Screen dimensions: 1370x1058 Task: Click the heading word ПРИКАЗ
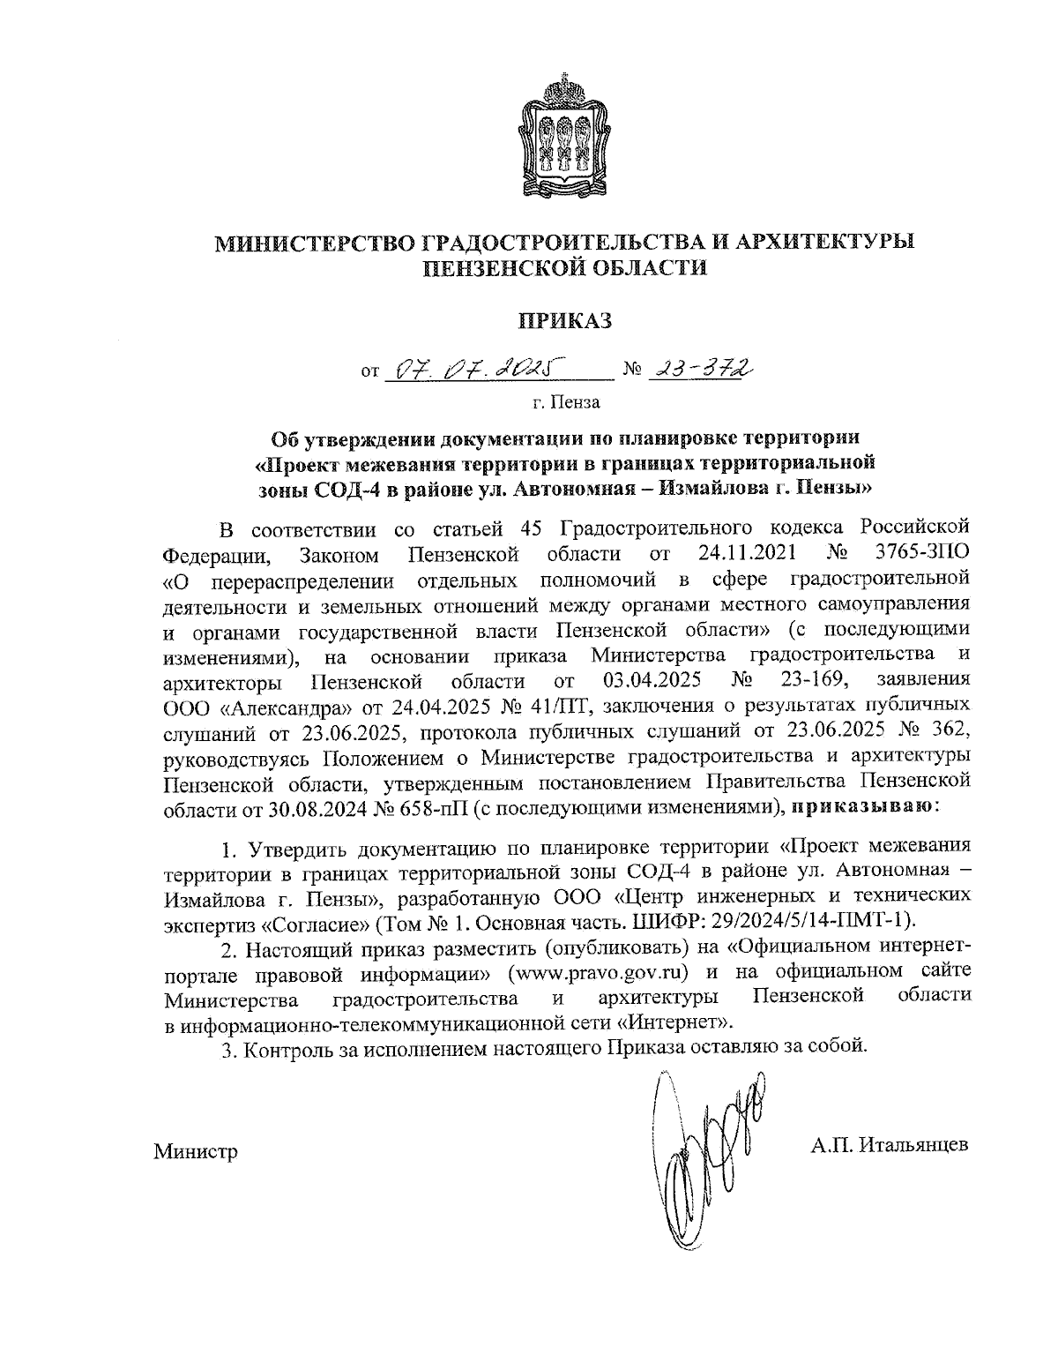[565, 321]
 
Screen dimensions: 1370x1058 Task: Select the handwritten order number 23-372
[702, 367]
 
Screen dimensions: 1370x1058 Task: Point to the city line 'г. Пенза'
[565, 403]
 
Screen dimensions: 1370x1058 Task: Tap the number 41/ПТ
[545, 707]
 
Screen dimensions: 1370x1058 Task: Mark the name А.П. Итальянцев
[890, 1146]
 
